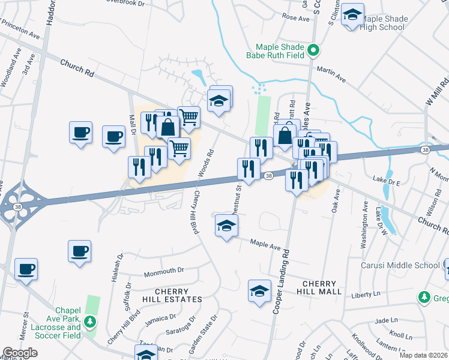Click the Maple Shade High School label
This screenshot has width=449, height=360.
384,23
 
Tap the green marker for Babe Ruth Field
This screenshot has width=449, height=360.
312,50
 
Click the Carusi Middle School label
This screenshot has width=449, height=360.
400,265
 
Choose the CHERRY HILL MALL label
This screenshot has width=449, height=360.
322,287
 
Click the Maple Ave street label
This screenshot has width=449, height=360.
265,246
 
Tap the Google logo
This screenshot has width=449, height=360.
20,353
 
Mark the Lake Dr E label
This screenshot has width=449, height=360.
385,179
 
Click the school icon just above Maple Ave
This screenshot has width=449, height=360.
226,226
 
